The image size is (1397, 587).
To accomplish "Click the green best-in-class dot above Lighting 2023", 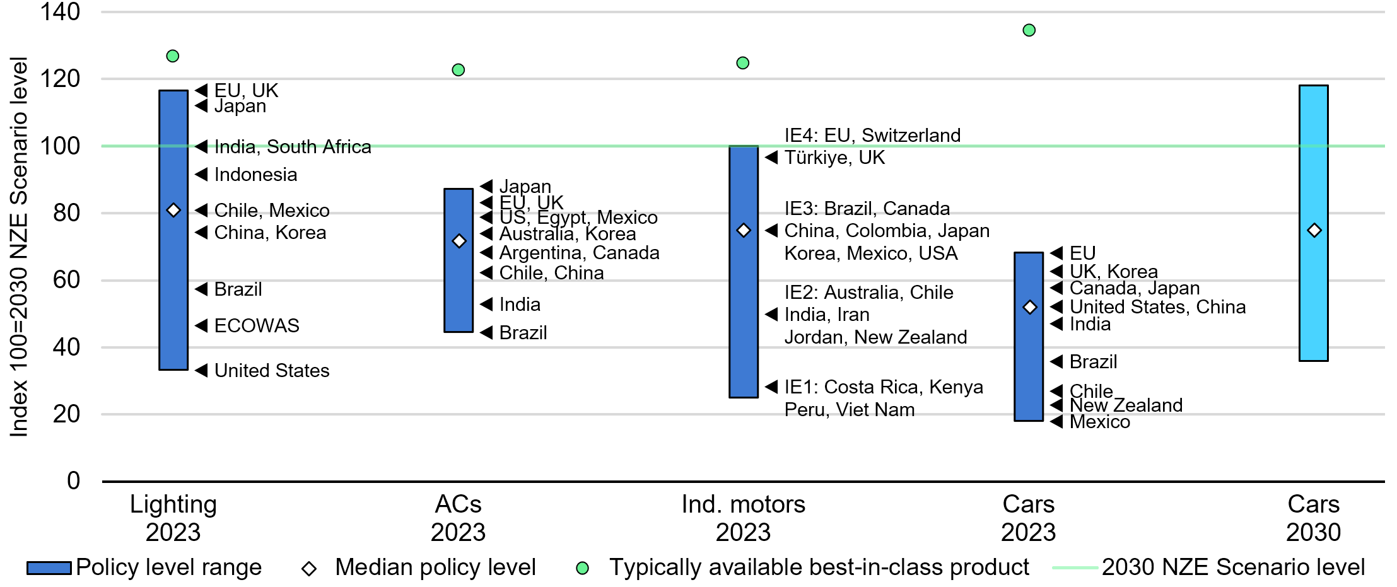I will click(172, 56).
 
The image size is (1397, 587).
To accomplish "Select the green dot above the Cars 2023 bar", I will click(1029, 30).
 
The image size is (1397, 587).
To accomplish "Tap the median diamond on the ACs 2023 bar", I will click(459, 241).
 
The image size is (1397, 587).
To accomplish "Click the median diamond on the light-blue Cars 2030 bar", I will click(1314, 231).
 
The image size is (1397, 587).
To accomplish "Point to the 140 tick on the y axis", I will click(60, 11).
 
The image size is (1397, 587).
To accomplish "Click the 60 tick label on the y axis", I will click(66, 280).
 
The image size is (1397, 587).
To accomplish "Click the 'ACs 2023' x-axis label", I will click(459, 518).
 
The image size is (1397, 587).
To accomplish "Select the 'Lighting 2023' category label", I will click(173, 518).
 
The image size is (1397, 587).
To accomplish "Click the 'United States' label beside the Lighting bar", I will click(272, 371).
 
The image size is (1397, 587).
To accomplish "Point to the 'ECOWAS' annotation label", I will click(257, 326).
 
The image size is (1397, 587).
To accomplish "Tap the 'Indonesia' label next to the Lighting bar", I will click(255, 175).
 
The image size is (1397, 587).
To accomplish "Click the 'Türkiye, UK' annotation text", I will click(834, 158).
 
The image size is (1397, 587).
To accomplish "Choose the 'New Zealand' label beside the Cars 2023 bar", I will click(1126, 405).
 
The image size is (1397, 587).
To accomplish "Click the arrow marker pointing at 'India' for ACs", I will click(486, 305).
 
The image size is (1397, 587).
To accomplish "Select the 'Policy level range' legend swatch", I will click(49, 568).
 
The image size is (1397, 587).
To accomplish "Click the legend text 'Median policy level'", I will click(435, 567).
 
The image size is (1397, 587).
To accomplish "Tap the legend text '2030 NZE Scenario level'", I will click(1233, 567).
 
